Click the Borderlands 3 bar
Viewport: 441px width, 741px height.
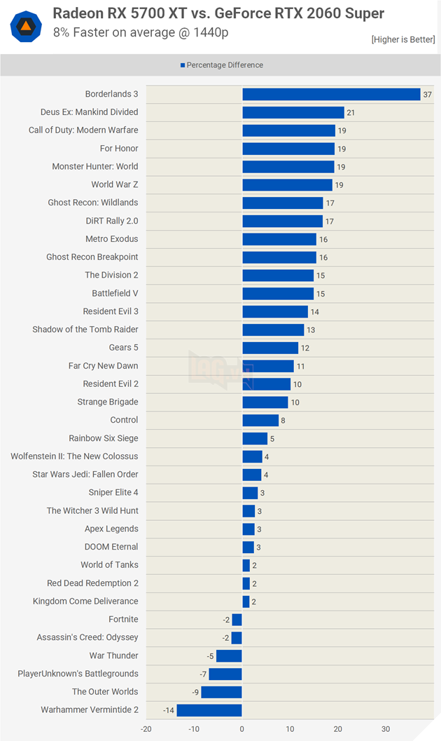point(331,94)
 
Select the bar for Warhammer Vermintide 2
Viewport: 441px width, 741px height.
point(209,710)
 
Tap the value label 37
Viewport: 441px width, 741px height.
point(426,95)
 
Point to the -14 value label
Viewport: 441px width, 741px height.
point(168,710)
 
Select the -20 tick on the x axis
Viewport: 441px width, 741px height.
point(146,729)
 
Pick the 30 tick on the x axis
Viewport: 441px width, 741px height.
point(386,729)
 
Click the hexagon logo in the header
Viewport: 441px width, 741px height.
point(25,25)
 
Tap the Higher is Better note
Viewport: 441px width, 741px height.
point(402,40)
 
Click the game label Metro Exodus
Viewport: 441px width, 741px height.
point(111,239)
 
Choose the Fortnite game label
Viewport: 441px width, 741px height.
point(123,619)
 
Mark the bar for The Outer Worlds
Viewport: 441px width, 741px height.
point(221,692)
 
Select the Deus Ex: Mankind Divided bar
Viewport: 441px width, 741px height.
point(293,112)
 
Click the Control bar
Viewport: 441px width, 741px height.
point(260,420)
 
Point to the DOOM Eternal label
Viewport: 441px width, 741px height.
point(111,547)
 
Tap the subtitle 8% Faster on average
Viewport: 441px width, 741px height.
point(141,32)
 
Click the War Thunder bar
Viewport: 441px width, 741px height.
point(229,655)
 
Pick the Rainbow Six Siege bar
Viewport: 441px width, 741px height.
point(255,438)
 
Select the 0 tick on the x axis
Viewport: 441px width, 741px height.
point(242,729)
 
